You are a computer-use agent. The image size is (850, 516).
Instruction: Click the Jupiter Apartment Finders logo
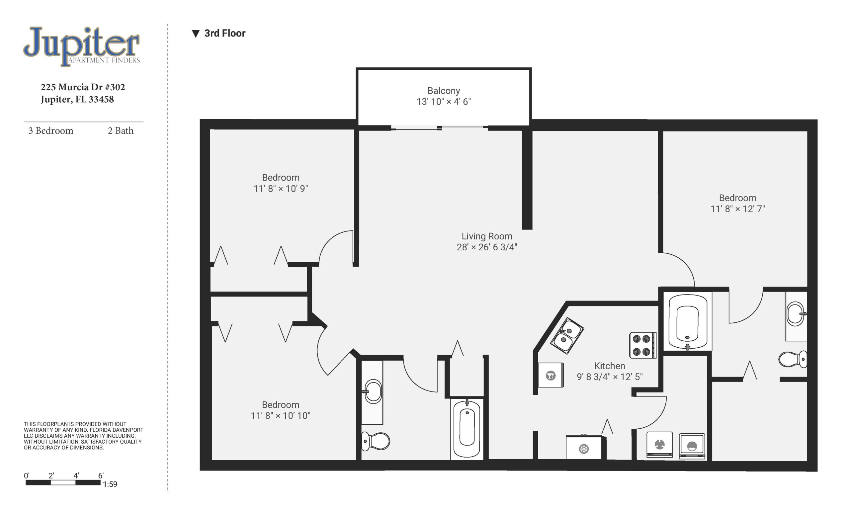[x=82, y=46]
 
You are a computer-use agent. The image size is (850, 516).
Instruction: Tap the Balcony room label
[x=444, y=91]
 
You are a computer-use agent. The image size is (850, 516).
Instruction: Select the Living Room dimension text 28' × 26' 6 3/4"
[x=487, y=247]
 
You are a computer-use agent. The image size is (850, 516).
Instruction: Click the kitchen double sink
[x=567, y=336]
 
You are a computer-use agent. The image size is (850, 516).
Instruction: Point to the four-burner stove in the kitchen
[x=643, y=346]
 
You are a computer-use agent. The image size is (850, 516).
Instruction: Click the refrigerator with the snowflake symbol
[x=584, y=447]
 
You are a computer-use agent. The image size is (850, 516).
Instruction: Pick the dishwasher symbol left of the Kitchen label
[x=551, y=375]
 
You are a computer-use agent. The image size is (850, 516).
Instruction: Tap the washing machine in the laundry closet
[x=692, y=446]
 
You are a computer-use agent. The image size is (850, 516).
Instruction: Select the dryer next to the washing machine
[x=659, y=445]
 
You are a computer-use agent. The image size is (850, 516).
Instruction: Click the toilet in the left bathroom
[x=376, y=441]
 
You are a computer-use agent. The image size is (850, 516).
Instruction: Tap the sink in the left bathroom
[x=373, y=391]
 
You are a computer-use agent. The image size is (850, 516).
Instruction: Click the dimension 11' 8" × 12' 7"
[x=737, y=209]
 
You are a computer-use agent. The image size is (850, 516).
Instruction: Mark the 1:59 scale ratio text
[x=110, y=484]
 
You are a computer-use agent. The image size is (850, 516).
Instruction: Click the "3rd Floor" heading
[x=224, y=33]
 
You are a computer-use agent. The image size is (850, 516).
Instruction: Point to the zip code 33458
[x=101, y=99]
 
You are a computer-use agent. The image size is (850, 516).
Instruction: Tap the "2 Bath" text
[x=121, y=130]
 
